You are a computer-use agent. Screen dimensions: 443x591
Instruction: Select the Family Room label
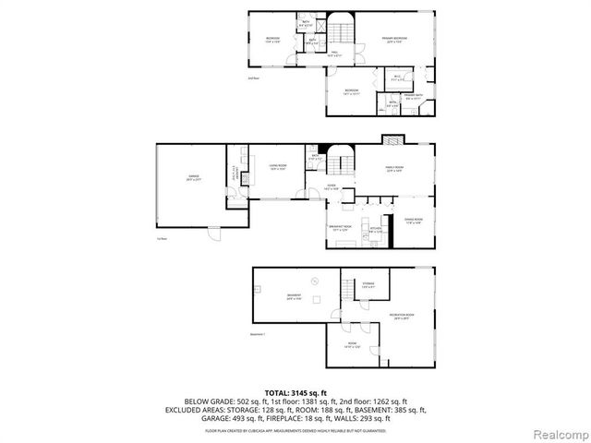click(x=395, y=169)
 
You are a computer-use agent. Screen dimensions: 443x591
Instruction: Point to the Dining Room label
click(x=412, y=221)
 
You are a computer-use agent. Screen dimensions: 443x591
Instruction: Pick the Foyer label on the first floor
click(x=330, y=186)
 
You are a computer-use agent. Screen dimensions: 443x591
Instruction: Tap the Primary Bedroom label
click(x=395, y=39)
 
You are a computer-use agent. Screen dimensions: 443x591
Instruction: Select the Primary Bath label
click(x=413, y=95)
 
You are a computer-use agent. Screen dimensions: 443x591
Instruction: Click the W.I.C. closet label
click(x=396, y=78)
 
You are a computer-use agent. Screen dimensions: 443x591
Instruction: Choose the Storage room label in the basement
click(x=368, y=285)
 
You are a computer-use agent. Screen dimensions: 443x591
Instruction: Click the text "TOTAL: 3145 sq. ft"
click(x=295, y=393)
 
